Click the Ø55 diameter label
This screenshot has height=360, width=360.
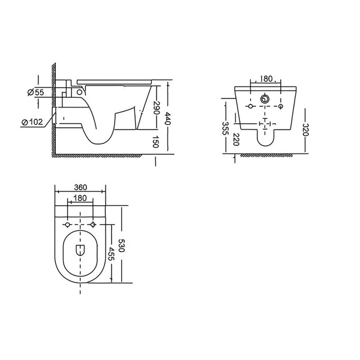click(x=35, y=92)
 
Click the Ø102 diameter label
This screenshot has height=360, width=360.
click(x=32, y=122)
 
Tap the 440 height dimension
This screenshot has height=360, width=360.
click(x=168, y=118)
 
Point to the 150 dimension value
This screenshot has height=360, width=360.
click(x=156, y=142)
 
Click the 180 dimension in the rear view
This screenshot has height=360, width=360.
click(x=266, y=79)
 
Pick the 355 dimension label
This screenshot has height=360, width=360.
click(x=226, y=128)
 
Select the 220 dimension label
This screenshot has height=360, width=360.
click(x=236, y=139)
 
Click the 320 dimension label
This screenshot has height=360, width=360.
click(x=305, y=130)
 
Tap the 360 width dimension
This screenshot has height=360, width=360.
click(x=80, y=187)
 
